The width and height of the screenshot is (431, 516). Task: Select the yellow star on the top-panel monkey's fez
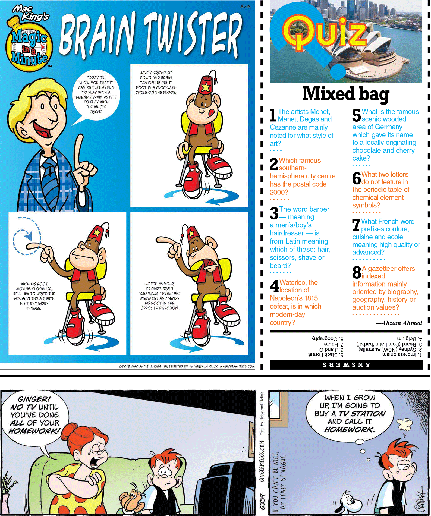click(x=206, y=87)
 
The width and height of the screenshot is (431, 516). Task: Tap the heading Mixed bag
click(x=346, y=94)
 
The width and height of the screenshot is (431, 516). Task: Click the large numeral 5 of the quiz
click(x=357, y=115)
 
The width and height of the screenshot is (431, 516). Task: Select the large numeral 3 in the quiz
click(x=274, y=213)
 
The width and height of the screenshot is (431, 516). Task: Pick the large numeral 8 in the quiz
click(x=357, y=272)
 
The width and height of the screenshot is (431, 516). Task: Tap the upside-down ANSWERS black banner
click(x=346, y=365)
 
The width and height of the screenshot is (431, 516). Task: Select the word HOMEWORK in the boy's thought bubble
click(x=350, y=430)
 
